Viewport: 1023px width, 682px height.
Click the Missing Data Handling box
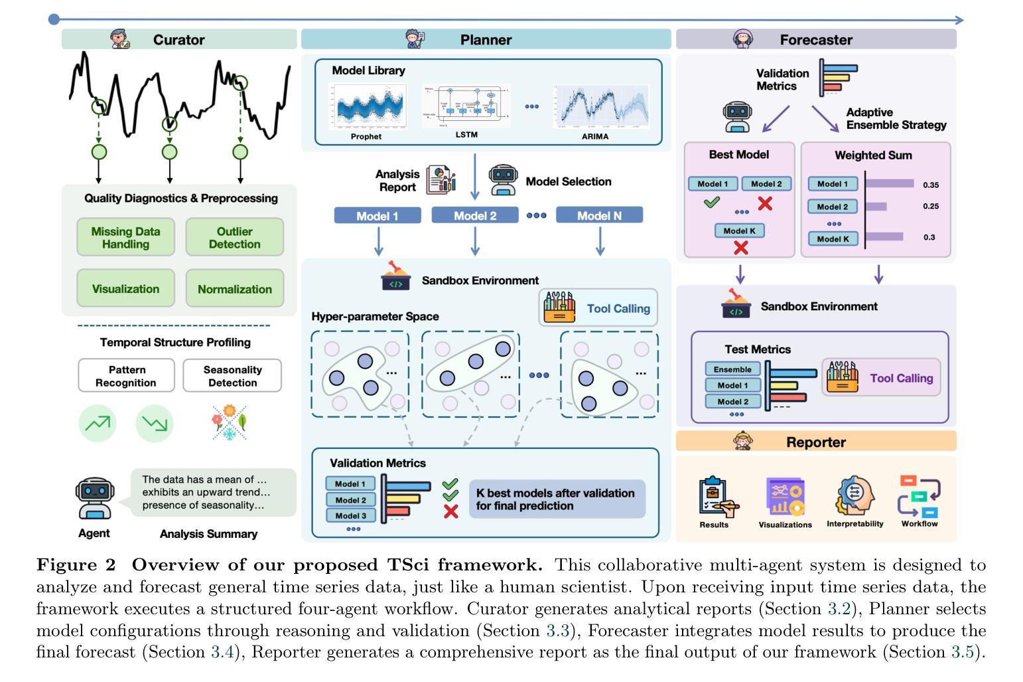[125, 237]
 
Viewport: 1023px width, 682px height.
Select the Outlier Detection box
[234, 237]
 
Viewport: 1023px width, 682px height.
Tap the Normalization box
[234, 289]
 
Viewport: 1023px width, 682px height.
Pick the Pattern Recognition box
[126, 376]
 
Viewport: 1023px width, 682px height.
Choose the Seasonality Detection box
[232, 376]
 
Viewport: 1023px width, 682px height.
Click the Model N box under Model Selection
[599, 215]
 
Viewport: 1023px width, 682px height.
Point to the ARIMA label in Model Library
[594, 136]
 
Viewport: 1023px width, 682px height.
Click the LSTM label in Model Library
[466, 135]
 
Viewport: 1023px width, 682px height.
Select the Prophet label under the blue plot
[366, 136]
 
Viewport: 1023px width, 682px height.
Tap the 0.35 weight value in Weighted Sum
[931, 185]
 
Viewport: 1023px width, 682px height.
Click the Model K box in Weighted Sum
[833, 238]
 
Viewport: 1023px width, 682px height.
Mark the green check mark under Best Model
[712, 202]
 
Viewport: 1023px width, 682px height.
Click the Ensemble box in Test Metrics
[732, 369]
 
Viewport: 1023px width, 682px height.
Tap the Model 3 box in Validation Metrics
[350, 515]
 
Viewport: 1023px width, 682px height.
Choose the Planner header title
[486, 40]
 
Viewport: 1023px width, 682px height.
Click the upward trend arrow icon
[98, 423]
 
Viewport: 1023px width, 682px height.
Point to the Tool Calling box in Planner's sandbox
[598, 308]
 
